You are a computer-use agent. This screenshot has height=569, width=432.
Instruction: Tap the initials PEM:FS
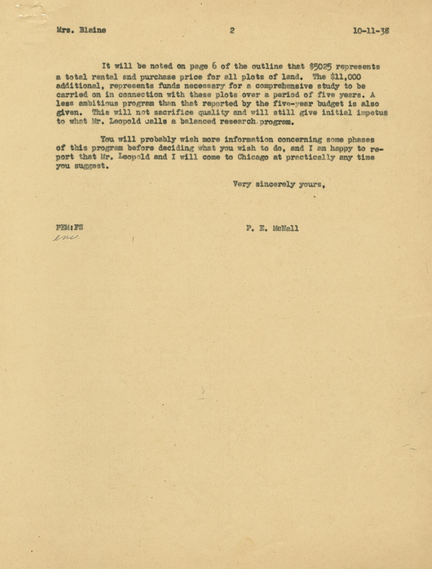tap(70, 228)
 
